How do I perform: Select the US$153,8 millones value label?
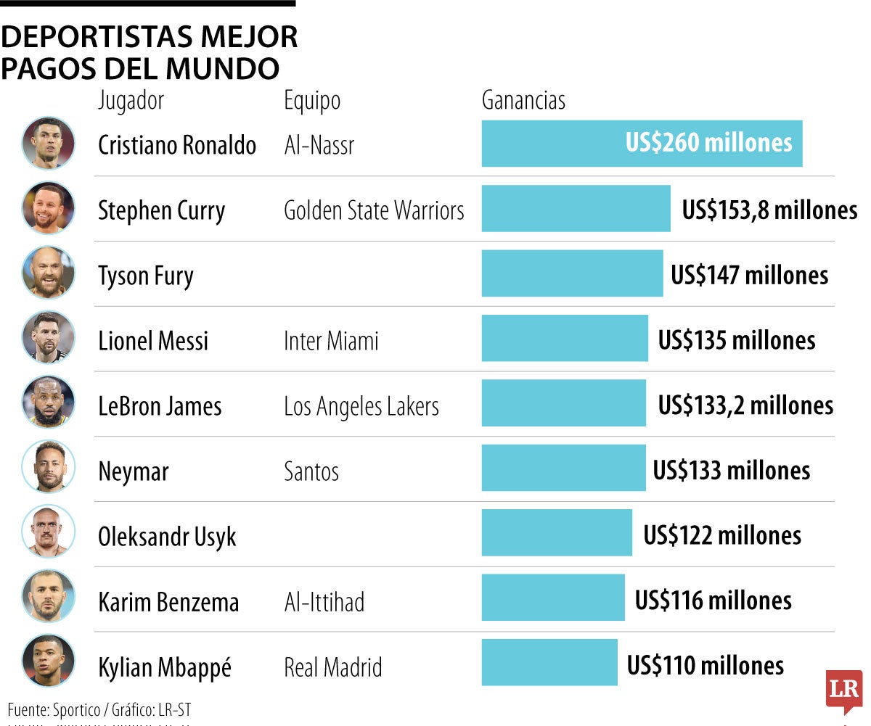click(769, 210)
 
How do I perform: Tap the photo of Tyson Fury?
click(48, 273)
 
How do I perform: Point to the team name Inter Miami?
click(331, 341)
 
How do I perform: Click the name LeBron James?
click(160, 406)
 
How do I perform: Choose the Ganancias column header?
click(523, 100)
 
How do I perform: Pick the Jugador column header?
click(131, 100)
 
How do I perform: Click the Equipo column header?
click(312, 100)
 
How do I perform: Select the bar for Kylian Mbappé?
click(549, 662)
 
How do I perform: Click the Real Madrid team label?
click(332, 667)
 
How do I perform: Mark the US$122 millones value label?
click(722, 535)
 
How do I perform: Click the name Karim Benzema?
click(168, 602)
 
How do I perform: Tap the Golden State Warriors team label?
click(374, 210)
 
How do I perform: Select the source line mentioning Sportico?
click(99, 709)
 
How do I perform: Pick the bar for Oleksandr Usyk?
click(557, 532)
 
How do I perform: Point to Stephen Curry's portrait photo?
click(48, 207)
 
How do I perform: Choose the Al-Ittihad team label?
click(324, 602)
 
